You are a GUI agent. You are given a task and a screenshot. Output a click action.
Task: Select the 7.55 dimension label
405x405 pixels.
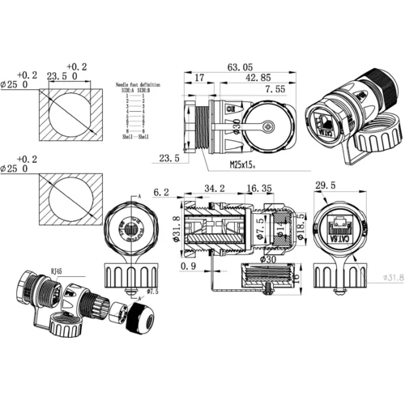[x=274, y=89]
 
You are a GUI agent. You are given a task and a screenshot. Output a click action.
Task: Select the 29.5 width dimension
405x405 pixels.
[x=325, y=186]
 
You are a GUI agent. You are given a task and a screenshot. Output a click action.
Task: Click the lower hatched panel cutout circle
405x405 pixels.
[x=70, y=198]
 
